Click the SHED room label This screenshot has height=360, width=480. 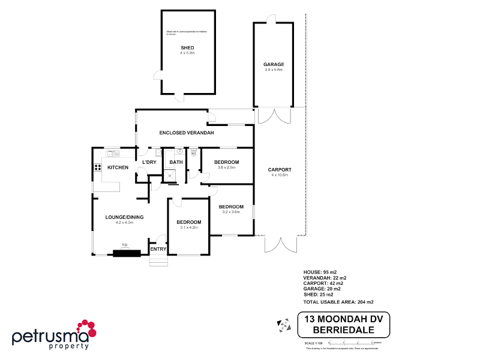click(x=188, y=47)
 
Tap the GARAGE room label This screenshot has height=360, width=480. click(x=274, y=64)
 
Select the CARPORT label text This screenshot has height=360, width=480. click(x=280, y=170)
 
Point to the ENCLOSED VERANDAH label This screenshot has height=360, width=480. click(x=187, y=132)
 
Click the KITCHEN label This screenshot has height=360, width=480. click(x=118, y=167)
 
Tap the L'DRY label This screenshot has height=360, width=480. click(x=149, y=162)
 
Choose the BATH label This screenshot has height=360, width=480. click(x=176, y=162)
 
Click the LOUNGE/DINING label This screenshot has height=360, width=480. click(x=124, y=217)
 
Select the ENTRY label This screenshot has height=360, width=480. click(x=158, y=249)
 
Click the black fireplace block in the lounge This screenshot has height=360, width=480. click(x=126, y=253)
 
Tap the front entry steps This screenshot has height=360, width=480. click(x=158, y=262)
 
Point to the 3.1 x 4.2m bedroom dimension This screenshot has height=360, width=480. click(x=188, y=228)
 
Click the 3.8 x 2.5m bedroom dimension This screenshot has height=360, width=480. click(x=226, y=168)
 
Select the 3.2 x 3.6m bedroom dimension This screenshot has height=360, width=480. click(x=231, y=212)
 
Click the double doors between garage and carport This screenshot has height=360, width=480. click(x=274, y=116)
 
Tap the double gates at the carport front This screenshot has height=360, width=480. click(x=280, y=245)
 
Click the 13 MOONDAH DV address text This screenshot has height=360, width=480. click(x=343, y=320)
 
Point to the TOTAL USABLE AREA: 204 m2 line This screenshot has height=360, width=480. click(x=339, y=302)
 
